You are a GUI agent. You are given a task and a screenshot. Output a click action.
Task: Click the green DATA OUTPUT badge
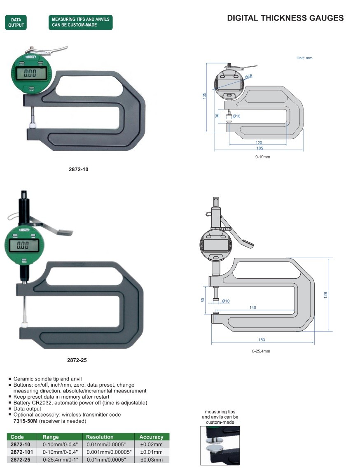pos(16,22)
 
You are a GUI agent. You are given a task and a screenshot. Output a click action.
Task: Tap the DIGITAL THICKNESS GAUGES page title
pos(285,18)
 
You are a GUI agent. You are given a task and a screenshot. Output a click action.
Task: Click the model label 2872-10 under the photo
pos(78,169)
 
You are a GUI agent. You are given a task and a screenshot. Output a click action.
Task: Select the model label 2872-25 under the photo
pos(77,360)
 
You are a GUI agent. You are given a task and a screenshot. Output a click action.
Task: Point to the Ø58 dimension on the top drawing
pos(249,76)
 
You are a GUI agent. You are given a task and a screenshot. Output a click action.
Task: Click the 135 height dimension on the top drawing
pos(204,96)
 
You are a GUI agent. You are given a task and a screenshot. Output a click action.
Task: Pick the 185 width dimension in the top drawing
pos(259,148)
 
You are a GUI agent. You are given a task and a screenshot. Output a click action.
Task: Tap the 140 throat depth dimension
pos(252,308)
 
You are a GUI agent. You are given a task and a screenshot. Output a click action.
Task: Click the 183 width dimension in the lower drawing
pos(262,340)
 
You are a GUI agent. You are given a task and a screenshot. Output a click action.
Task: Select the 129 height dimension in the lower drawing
pos(325,295)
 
